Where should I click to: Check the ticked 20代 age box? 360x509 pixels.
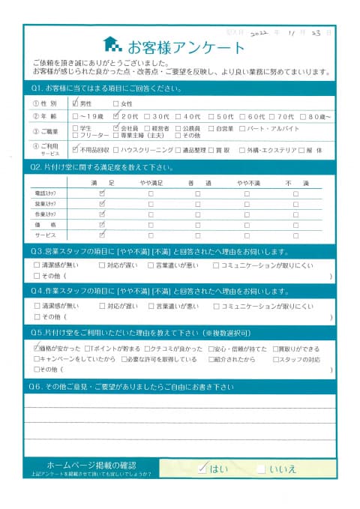115,117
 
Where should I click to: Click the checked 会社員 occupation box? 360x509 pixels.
115,128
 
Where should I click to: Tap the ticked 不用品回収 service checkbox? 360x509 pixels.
76,150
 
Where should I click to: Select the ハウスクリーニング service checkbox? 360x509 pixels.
115,150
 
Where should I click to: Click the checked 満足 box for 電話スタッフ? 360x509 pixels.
103,193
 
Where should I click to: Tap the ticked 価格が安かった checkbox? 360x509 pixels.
37,349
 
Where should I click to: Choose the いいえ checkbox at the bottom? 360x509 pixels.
260,469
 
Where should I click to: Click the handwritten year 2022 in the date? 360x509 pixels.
259,33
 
